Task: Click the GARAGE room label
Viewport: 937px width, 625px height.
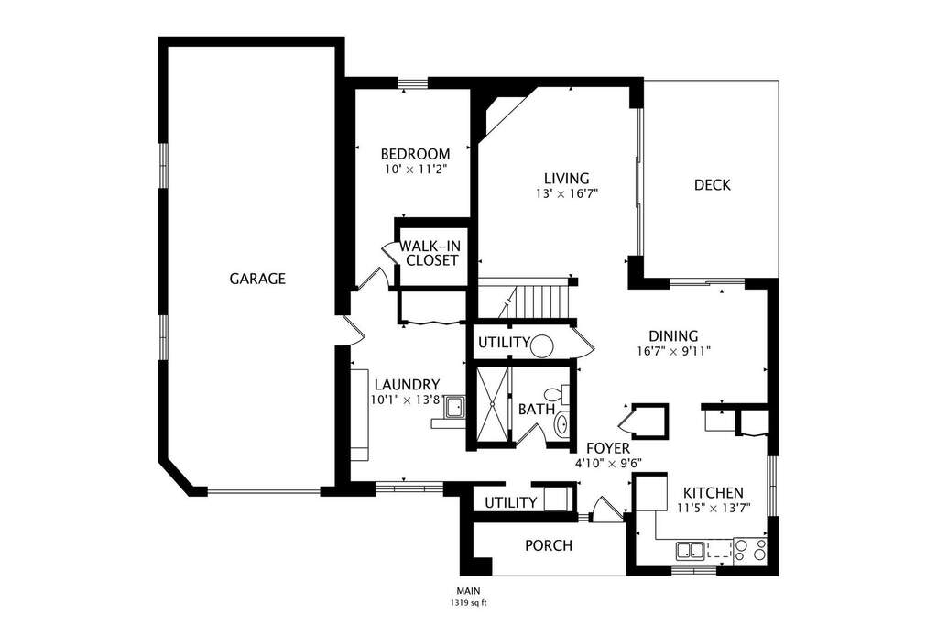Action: click(257, 279)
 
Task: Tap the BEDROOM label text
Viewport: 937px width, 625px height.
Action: click(415, 154)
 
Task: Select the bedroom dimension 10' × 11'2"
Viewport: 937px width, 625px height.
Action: click(415, 170)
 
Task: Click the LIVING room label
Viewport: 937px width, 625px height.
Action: click(566, 178)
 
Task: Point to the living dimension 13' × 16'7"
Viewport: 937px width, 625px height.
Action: click(567, 193)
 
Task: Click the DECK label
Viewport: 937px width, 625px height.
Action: click(713, 185)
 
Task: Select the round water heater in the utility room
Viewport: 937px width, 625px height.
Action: click(542, 345)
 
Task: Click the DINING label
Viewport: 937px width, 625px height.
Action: click(673, 336)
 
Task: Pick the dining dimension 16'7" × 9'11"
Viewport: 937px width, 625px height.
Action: click(673, 351)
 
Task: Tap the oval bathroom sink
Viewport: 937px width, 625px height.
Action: click(561, 425)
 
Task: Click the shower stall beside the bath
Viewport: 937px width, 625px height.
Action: click(493, 404)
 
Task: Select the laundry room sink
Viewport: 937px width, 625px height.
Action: click(454, 407)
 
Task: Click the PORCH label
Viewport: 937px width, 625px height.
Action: click(549, 545)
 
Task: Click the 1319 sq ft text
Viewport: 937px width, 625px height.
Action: click(469, 603)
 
